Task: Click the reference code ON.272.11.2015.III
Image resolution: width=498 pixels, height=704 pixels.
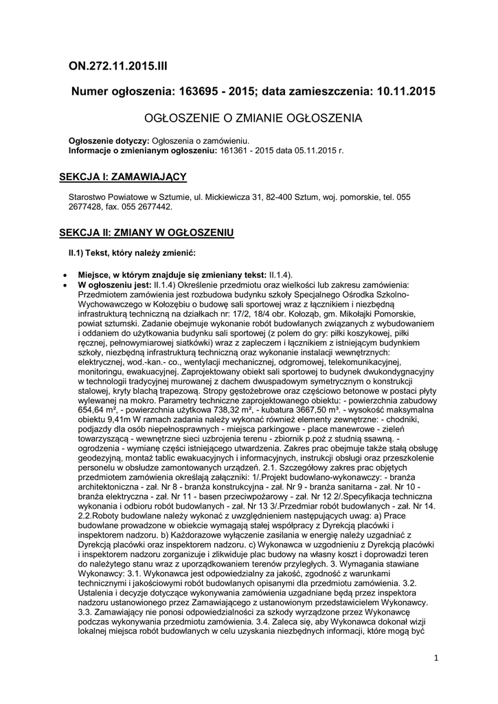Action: click(118, 66)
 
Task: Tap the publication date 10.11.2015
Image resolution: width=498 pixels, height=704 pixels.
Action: click(403, 91)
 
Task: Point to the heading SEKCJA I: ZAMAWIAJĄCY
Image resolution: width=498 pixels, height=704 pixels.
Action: click(124, 177)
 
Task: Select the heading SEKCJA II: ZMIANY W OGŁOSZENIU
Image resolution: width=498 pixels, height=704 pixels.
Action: click(147, 232)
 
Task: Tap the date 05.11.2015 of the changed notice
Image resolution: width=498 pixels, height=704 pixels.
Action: click(311, 148)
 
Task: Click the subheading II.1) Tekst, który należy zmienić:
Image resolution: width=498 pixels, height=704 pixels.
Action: click(133, 252)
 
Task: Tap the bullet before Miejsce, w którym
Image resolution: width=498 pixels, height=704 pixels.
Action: click(64, 274)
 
